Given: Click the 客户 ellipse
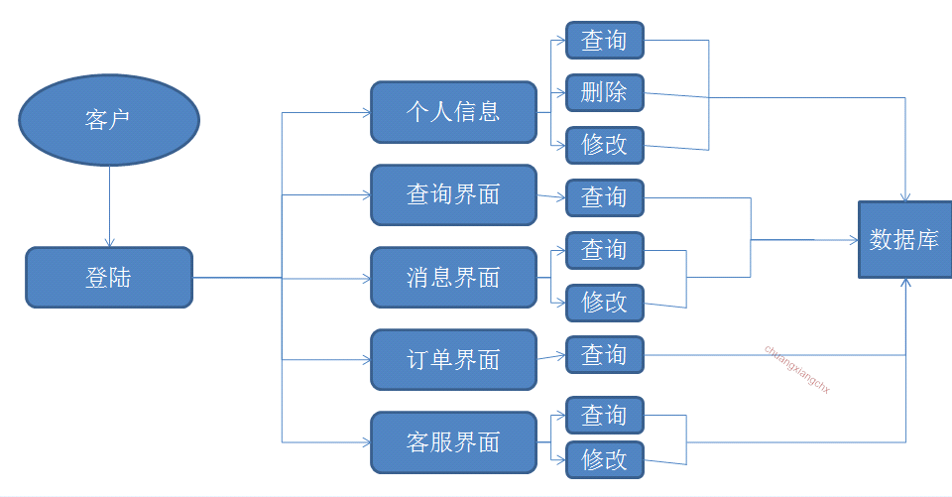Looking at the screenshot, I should pyautogui.click(x=109, y=121).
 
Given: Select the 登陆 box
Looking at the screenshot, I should pyautogui.click(x=109, y=278).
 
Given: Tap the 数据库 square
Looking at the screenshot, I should pyautogui.click(x=903, y=239).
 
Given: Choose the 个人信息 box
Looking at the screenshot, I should pyautogui.click(x=453, y=111).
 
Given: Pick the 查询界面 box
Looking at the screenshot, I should pyautogui.click(x=453, y=194).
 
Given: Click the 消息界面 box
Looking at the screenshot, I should pyautogui.click(x=453, y=278).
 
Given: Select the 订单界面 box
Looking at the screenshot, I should pyautogui.click(x=453, y=359).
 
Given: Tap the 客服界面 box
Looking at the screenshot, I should pyautogui.click(x=453, y=442).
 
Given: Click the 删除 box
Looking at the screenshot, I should pyautogui.click(x=604, y=93).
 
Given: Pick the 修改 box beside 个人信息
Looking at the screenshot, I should pyautogui.click(x=604, y=145).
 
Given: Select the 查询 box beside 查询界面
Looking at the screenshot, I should pyautogui.click(x=604, y=197).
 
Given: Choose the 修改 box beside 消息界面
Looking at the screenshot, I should pyautogui.click(x=604, y=302).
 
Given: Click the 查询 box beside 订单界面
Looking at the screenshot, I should pyautogui.click(x=604, y=354).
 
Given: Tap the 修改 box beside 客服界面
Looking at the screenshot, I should pyautogui.click(x=604, y=459).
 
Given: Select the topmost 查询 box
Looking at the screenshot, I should pyautogui.click(x=604, y=41).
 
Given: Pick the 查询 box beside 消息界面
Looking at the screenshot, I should pyautogui.click(x=604, y=250).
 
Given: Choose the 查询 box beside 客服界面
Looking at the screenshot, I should pyautogui.click(x=604, y=415).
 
